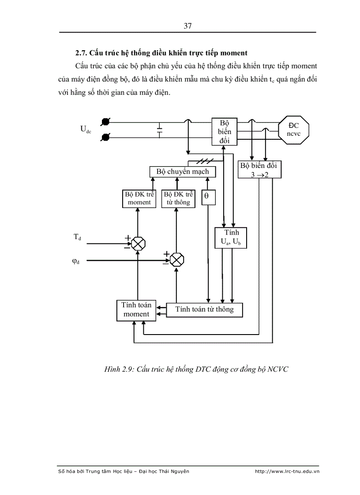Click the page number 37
click(x=187, y=26)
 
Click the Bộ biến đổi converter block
click(x=224, y=131)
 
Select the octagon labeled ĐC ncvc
click(x=294, y=130)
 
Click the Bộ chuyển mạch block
click(x=183, y=171)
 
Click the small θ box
click(x=208, y=198)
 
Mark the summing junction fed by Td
click(x=139, y=242)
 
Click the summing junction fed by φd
click(x=177, y=259)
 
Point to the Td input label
click(x=77, y=237)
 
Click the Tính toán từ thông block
click(x=204, y=309)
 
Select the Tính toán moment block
click(x=136, y=310)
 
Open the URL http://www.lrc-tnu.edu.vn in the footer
click(x=287, y=471)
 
